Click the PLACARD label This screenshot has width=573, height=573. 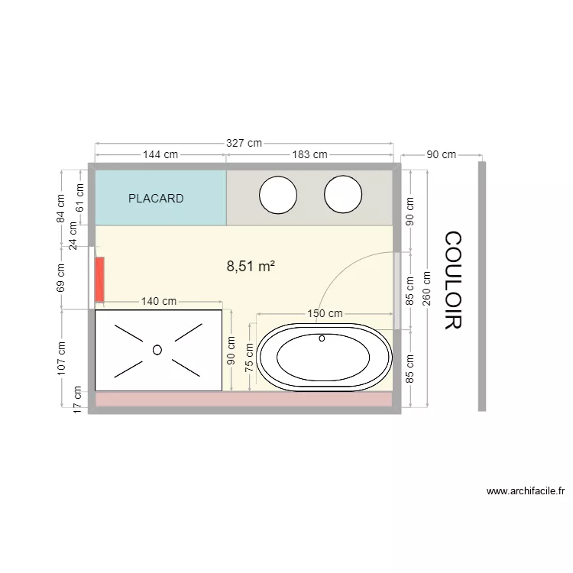(x=156, y=199)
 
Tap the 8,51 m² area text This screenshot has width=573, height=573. (x=251, y=266)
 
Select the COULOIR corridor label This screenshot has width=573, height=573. (x=453, y=280)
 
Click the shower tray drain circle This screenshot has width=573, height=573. (x=157, y=350)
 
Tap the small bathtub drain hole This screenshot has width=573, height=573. (x=322, y=338)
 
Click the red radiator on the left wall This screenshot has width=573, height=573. (x=100, y=280)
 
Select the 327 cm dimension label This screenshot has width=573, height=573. (x=244, y=143)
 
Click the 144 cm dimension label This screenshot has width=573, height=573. (x=160, y=154)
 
